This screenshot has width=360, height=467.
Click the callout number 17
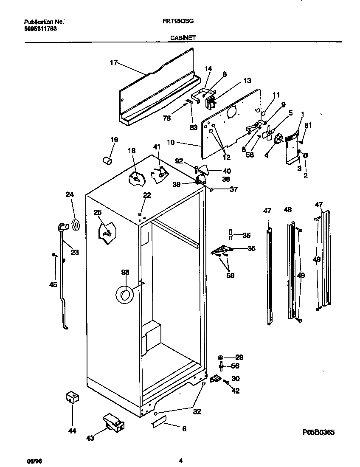tap(113, 63)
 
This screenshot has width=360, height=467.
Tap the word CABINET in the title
tap(183, 37)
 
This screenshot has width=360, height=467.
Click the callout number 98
tap(125, 272)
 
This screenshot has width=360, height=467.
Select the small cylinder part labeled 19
tap(108, 160)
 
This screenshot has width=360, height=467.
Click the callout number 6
tap(184, 429)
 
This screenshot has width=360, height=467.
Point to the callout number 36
tap(246, 235)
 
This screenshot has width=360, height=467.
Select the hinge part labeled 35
tap(221, 252)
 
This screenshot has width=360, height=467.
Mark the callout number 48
tap(288, 210)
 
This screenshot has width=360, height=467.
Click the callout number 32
tap(197, 411)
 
